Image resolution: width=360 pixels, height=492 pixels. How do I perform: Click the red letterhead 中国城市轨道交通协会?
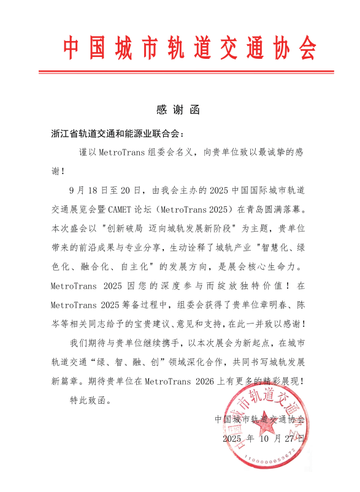(x=190, y=47)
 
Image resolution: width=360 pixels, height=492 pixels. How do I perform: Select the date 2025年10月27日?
(x=264, y=439)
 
